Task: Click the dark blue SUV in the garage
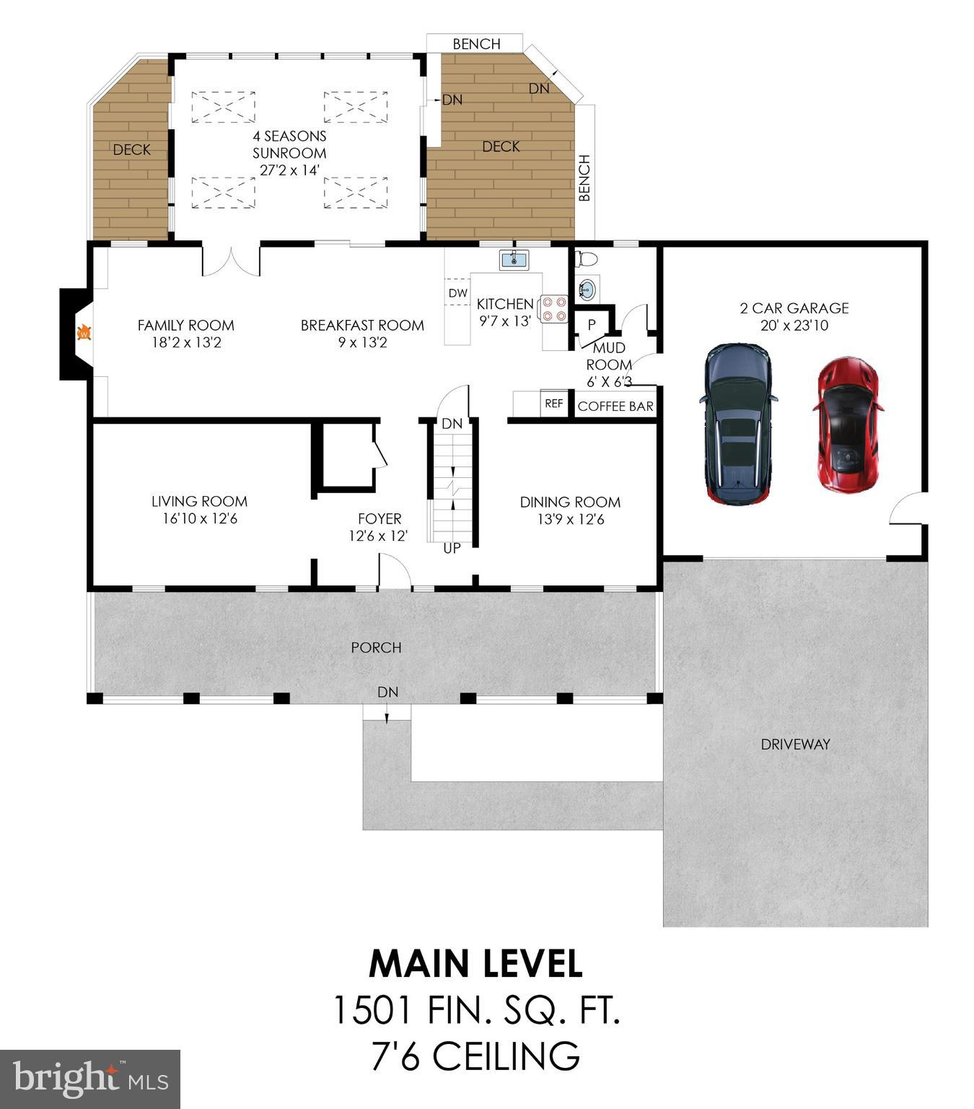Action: point(739,424)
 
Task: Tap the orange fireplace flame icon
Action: point(84,334)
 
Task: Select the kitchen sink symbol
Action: point(514,259)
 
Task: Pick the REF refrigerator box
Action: point(553,404)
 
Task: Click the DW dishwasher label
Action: point(457,293)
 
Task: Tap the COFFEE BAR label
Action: point(615,406)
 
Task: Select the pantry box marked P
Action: point(592,325)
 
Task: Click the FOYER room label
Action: point(379,518)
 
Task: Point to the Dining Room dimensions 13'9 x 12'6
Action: point(570,519)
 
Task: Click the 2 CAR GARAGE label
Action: point(794,308)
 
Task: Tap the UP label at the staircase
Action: point(452,549)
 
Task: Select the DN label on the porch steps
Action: point(387,692)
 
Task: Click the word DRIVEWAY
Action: point(795,744)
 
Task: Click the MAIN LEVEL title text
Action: point(475,963)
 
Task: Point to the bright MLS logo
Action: point(90,1079)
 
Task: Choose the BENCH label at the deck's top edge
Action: point(476,44)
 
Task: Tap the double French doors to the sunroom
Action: point(231,261)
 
